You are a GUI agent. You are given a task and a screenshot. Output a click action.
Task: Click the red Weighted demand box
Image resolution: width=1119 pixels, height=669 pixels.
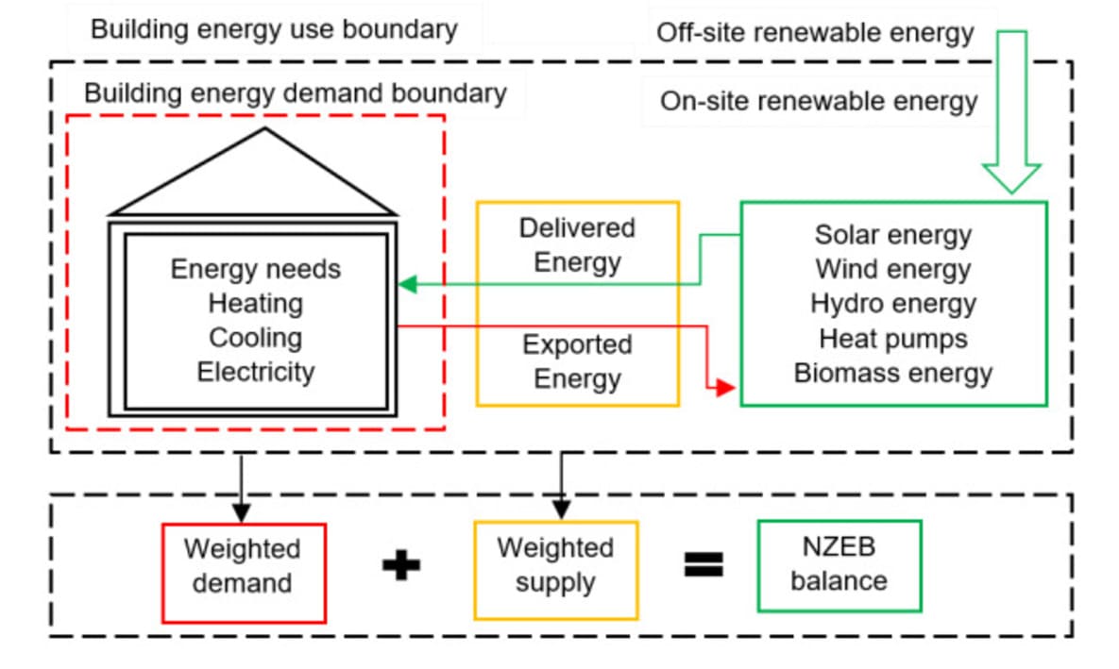point(244,573)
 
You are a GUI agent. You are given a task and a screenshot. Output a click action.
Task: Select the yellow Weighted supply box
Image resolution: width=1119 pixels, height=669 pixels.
point(555,570)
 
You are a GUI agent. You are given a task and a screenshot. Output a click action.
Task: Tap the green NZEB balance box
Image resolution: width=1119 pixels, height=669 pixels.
point(839,565)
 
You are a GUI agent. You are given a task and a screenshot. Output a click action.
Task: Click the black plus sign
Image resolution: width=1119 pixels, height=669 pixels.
point(401,565)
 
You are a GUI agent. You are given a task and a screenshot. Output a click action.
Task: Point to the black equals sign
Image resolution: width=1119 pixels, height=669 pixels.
point(704,564)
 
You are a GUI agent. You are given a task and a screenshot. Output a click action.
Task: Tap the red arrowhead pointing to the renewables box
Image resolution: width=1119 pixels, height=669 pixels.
point(725,387)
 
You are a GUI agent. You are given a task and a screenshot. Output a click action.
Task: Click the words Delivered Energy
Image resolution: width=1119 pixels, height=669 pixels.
point(577,244)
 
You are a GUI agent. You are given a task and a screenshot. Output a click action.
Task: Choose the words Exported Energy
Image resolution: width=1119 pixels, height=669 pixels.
point(577,361)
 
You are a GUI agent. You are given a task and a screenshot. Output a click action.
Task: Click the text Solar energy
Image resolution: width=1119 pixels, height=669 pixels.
point(892,234)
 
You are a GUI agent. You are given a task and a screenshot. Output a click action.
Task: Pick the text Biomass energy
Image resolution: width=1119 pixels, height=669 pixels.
point(892,373)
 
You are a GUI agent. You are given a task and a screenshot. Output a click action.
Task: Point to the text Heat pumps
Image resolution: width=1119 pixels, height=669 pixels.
point(892,338)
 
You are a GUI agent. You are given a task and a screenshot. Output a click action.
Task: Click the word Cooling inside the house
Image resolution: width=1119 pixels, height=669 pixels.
point(255,338)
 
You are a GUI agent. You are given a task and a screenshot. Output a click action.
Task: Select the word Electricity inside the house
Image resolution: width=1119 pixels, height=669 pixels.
point(255,372)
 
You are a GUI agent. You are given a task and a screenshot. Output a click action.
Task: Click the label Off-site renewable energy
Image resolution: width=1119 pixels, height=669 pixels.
point(815,34)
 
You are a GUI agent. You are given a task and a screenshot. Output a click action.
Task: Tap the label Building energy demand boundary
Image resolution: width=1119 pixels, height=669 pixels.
point(296,94)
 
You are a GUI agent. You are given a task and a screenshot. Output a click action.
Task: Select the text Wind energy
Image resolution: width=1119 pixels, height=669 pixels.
point(892,269)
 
